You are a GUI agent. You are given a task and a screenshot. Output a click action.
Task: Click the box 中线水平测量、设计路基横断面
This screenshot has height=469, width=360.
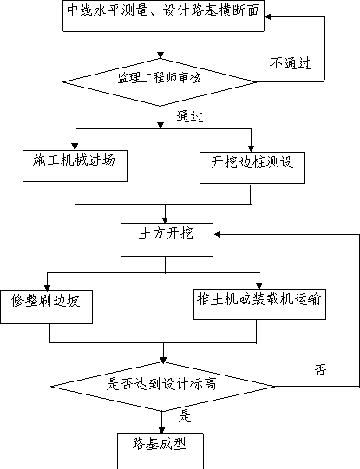click(163, 16)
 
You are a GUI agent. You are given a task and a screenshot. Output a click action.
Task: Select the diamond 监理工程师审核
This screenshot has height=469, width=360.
click(160, 82)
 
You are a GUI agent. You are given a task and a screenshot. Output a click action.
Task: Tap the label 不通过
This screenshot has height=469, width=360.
click(290, 62)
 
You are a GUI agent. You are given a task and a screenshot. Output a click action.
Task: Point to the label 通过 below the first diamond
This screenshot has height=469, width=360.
click(190, 116)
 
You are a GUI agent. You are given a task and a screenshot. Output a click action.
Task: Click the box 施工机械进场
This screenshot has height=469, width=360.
click(75, 166)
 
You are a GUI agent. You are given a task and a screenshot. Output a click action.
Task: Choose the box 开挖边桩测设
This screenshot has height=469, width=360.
click(252, 167)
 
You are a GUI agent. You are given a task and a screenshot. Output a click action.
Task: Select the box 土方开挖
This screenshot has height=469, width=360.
click(167, 239)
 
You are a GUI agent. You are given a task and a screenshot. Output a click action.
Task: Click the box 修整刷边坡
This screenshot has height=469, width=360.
click(46, 307)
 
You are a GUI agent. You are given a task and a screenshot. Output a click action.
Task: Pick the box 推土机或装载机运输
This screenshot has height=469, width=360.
click(259, 304)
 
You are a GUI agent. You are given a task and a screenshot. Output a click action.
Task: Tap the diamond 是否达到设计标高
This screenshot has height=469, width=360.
click(162, 387)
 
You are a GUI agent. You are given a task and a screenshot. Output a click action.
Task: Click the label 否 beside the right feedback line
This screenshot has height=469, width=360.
click(320, 369)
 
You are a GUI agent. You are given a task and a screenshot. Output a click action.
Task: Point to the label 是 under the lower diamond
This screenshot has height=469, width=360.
click(185, 416)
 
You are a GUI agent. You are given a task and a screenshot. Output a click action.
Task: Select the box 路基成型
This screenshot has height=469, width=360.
click(160, 451)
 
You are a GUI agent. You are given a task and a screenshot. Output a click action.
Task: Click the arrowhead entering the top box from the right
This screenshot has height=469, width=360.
click(267, 16)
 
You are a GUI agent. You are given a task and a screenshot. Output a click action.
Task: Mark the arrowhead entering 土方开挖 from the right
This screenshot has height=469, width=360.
click(217, 234)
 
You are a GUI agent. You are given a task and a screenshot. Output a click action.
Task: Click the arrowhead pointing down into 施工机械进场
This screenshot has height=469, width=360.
click(75, 147)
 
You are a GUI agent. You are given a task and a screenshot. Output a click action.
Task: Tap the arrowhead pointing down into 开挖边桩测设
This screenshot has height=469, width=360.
click(251, 148)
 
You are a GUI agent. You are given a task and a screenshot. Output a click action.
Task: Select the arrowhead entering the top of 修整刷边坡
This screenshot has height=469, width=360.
click(47, 288)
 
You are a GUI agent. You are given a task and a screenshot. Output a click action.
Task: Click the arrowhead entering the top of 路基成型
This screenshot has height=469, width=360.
click(161, 430)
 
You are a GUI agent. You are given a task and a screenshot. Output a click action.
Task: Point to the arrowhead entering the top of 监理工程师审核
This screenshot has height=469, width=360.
click(160, 55)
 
